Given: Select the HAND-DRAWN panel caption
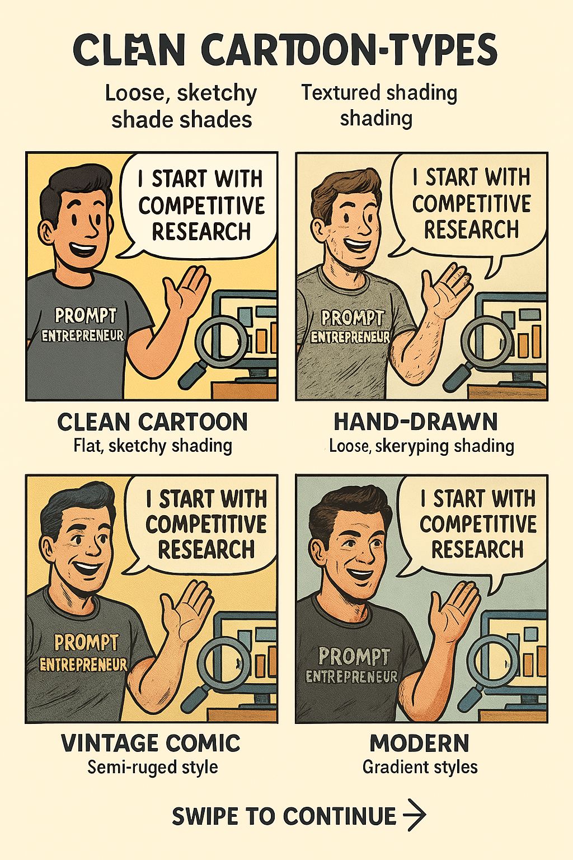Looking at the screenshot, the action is tap(416, 422).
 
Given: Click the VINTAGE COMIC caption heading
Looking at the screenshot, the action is tap(151, 743).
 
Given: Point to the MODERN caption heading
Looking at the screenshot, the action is tap(419, 743).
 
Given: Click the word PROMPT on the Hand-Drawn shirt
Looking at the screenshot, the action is tap(353, 318).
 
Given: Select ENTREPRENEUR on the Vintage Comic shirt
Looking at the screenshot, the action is tap(83, 665).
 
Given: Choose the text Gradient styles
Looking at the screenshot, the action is tap(420, 767).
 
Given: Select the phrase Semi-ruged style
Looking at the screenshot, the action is tap(152, 767).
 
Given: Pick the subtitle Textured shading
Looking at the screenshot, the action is tap(379, 94).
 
